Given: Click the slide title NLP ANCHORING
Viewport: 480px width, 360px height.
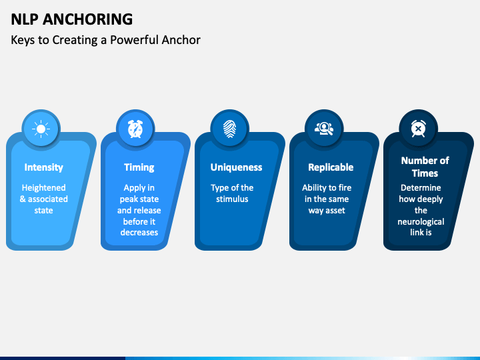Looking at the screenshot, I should (71, 19).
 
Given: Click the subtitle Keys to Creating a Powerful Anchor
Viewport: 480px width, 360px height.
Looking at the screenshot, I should (105, 39).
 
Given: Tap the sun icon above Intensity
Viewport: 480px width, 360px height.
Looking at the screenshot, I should (41, 129).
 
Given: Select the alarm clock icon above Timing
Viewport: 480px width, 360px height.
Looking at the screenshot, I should (135, 129).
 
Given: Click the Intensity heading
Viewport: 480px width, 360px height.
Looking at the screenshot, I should (44, 167).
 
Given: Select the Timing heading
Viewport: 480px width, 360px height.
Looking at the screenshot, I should (139, 167).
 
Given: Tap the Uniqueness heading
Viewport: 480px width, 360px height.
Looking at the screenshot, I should (236, 167).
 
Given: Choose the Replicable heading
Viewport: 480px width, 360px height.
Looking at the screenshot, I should (331, 167).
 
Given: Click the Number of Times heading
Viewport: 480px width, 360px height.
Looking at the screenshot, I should (425, 167).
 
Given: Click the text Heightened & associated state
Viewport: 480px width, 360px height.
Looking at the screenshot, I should (45, 199).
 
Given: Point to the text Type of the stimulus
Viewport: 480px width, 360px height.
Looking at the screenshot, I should (232, 193).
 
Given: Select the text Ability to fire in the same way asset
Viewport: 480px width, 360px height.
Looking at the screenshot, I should (327, 199).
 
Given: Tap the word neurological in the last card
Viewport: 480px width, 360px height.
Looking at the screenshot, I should (421, 221).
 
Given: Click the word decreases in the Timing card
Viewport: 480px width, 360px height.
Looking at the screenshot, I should (139, 233).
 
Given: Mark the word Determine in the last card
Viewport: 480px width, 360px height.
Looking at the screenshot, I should (421, 188).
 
